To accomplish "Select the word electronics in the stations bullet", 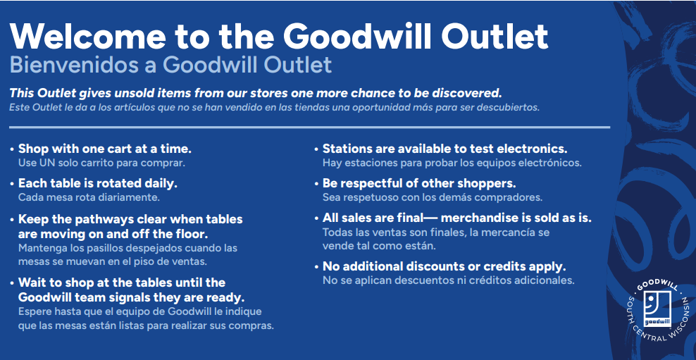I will point(532,149).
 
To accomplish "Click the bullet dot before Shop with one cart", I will point(11,150).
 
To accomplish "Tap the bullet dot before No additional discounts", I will point(316,268).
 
